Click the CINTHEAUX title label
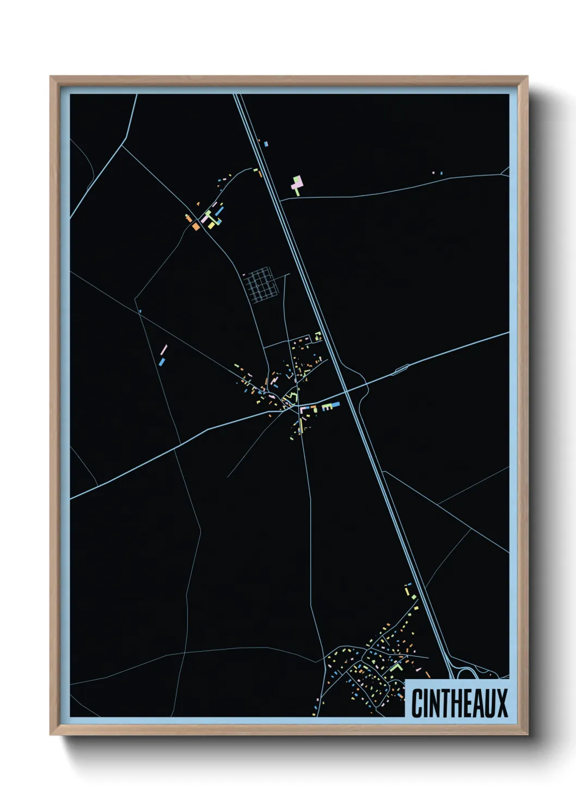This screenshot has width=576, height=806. tap(459, 703)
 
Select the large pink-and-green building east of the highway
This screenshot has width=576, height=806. tap(296, 185)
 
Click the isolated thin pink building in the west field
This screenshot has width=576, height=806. tap(164, 350)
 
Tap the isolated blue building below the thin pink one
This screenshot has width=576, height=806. tap(162, 361)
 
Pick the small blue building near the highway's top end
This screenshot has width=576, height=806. tap(266, 144)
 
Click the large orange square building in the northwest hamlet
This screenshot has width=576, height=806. tap(195, 225)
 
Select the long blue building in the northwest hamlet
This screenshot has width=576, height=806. tap(219, 209)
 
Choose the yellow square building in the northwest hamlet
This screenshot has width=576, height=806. tap(211, 224)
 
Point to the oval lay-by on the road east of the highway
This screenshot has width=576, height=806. tap(402, 370)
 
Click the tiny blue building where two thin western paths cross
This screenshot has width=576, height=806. tap(140, 311)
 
